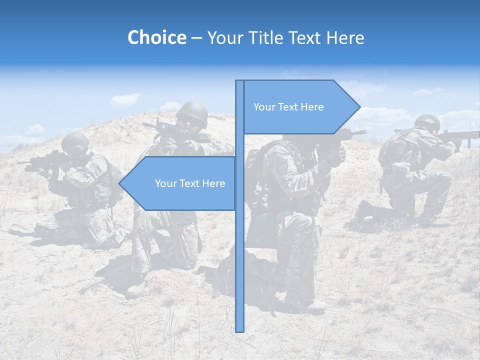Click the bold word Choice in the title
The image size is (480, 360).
156,37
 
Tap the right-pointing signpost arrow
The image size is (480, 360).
300,107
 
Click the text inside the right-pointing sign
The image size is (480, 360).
288,107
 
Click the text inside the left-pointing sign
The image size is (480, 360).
190,183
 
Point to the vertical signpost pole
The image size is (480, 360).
239,250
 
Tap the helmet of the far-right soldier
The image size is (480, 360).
427,121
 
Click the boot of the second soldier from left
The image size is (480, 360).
136,289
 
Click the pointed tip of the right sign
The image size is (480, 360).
359,106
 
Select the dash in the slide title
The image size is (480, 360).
196,38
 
